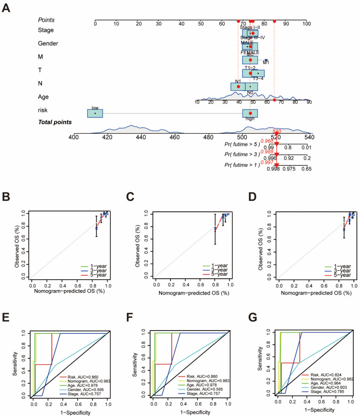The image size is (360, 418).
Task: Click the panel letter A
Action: pyautogui.click(x=7, y=8)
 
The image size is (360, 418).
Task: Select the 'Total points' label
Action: pyautogui.click(x=55, y=122)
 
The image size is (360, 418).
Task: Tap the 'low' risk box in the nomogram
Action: pyautogui.click(x=95, y=113)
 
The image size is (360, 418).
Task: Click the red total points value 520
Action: pyautogui.click(x=277, y=131)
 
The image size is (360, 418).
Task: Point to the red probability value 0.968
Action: pyautogui.click(x=267, y=141)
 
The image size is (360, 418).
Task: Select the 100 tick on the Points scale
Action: pyautogui.click(x=306, y=23)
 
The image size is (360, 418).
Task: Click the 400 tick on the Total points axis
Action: pyautogui.click(x=74, y=137)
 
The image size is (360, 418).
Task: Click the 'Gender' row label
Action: pyautogui.click(x=48, y=43)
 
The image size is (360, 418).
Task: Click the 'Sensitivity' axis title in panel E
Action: pyautogui.click(x=15, y=363)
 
